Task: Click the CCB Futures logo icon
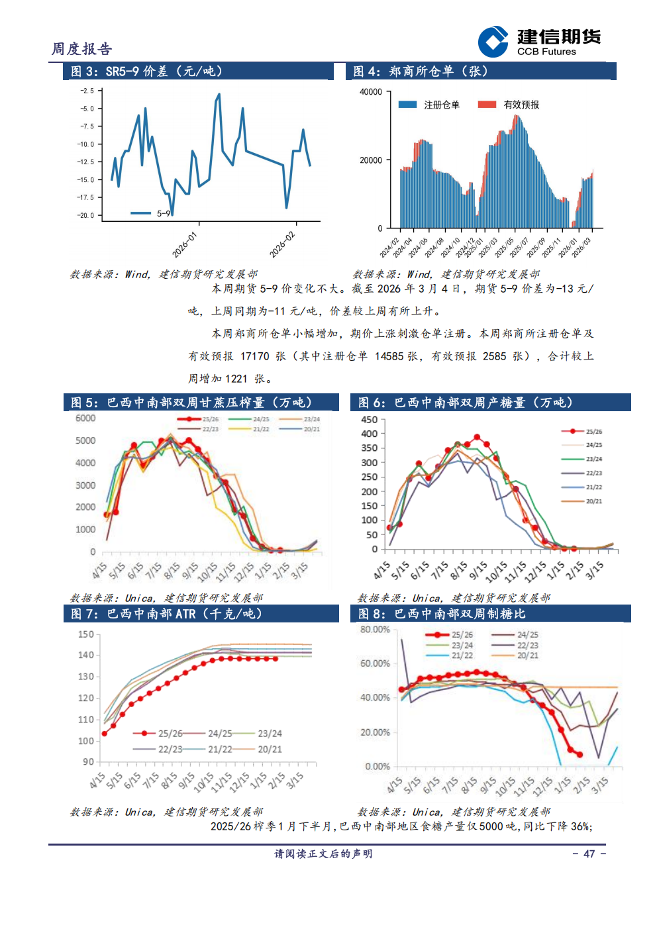click(493, 42)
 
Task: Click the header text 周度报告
click(82, 49)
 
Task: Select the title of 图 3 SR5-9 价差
click(146, 72)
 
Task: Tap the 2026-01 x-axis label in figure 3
click(184, 245)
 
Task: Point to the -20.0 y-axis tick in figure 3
click(86, 215)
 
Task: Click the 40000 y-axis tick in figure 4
click(370, 92)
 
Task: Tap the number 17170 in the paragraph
click(254, 356)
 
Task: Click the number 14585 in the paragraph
click(389, 356)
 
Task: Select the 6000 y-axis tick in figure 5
click(85, 418)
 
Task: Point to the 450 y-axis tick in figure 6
click(369, 420)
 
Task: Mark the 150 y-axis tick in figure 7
click(86, 634)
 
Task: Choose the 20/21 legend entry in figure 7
click(269, 750)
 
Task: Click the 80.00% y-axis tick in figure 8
click(375, 630)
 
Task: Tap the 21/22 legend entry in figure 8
click(462, 656)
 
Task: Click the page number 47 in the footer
click(589, 854)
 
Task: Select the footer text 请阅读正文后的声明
click(323, 854)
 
